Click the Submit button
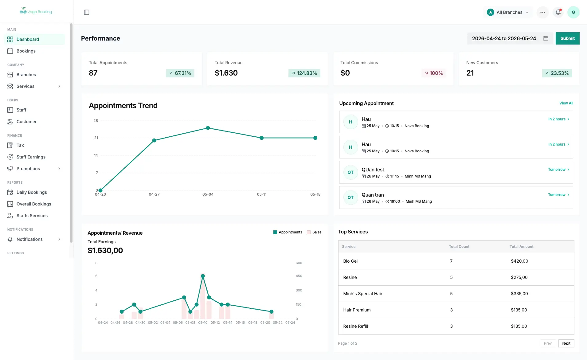click(x=567, y=38)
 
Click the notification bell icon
click(x=558, y=12)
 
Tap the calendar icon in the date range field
click(x=546, y=38)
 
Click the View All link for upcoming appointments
click(x=566, y=103)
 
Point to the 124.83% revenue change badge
click(x=304, y=73)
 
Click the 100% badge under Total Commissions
click(x=434, y=73)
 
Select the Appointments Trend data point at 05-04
click(x=208, y=128)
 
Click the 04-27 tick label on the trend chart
click(x=154, y=194)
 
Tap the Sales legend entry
click(x=314, y=232)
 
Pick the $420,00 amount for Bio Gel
click(x=519, y=261)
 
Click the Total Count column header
click(x=459, y=247)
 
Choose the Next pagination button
click(x=566, y=343)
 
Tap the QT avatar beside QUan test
click(x=350, y=172)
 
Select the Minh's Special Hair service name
click(x=363, y=294)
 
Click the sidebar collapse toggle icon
click(x=87, y=12)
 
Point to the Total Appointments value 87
click(x=93, y=73)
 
